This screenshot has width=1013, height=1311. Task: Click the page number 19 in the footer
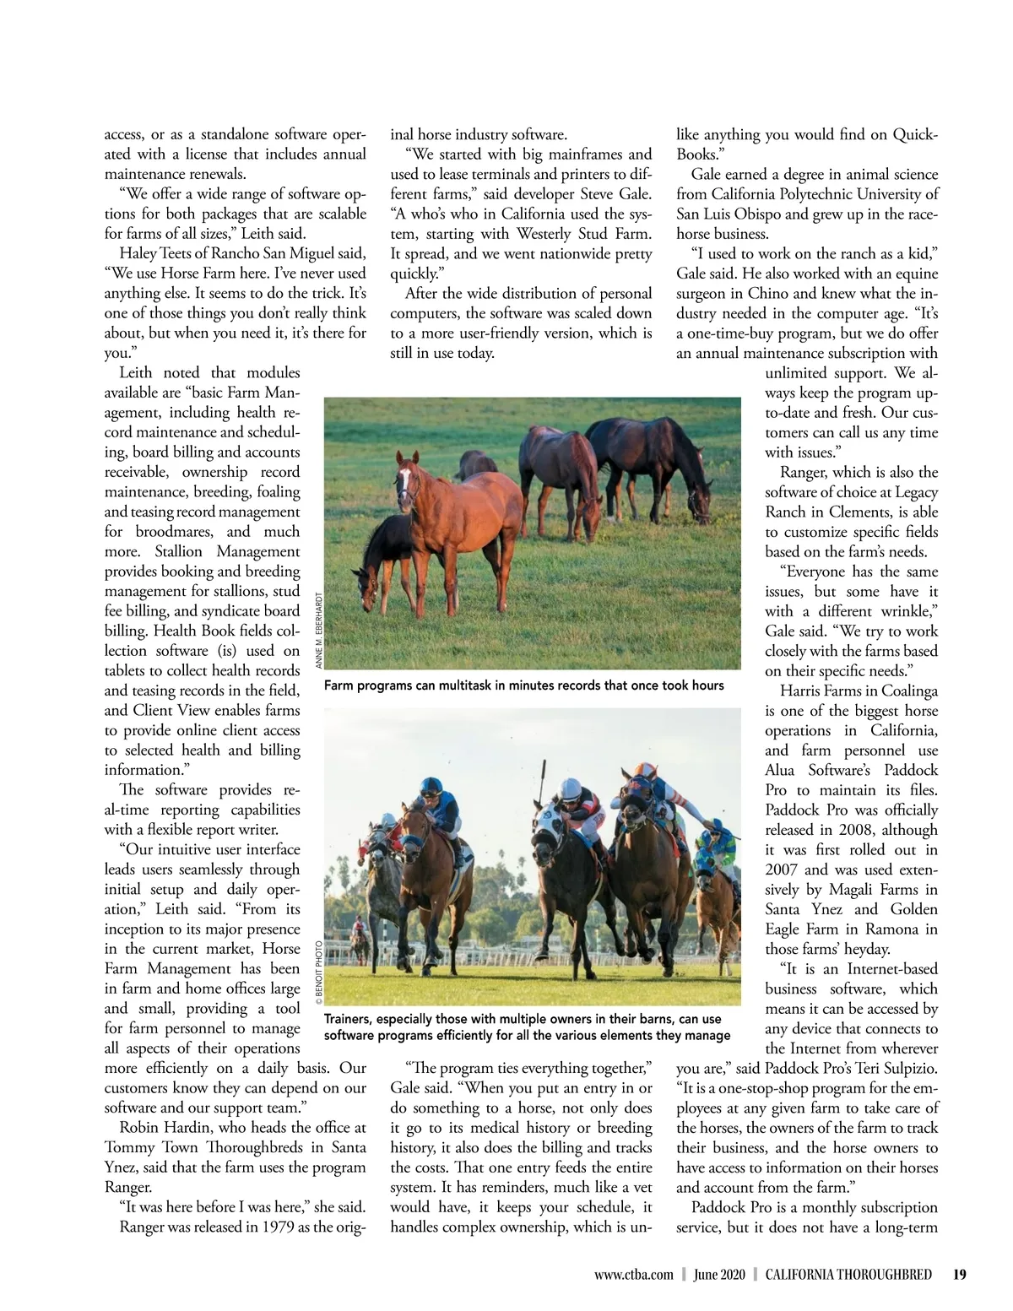point(959,1275)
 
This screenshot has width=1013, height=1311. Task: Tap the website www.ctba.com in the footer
point(633,1275)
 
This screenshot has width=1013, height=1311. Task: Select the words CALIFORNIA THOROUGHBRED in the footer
point(848,1275)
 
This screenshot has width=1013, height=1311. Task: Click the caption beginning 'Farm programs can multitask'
point(523,685)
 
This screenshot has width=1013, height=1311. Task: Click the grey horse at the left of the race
point(384,869)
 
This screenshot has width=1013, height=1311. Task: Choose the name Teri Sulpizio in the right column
point(897,1068)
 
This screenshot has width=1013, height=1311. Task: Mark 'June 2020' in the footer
point(719,1275)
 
